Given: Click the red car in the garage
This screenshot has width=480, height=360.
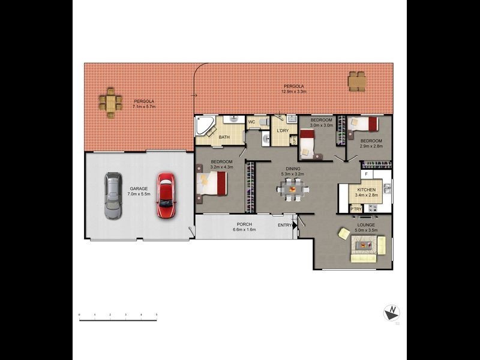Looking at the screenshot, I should point(165,196).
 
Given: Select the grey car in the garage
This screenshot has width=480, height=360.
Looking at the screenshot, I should point(113,196).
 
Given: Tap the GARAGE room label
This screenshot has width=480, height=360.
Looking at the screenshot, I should point(139,188).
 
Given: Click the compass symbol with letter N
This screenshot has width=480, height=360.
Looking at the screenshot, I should point(392,312).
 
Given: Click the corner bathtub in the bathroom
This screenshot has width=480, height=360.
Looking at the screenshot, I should point(204,127).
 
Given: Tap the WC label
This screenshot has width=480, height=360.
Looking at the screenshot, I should point(252,122).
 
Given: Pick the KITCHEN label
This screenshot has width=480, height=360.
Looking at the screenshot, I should point(366,190).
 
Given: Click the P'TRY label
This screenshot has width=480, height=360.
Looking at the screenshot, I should point(356,208).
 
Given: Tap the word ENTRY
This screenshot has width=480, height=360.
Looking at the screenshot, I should point(284,225).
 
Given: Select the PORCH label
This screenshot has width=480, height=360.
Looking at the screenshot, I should point(244,224).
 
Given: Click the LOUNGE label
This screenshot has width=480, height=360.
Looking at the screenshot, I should point(366,224).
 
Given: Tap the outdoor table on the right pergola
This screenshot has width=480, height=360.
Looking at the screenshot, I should point(357,81).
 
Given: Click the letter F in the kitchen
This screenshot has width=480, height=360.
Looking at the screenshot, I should point(366,174).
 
